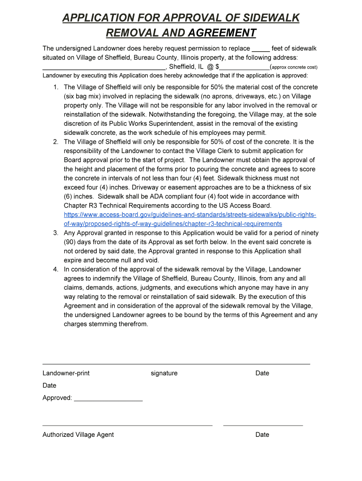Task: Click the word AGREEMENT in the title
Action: pos(220,33)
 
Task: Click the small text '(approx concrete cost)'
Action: pos(294,67)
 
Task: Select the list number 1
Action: pos(55,87)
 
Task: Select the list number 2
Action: pos(55,142)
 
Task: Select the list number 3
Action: pos(55,233)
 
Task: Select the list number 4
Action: pos(55,270)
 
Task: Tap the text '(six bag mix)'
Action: pos(83,96)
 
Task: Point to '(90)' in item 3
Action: pos(71,242)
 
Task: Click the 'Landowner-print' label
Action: pos(66,373)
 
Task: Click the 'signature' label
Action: pos(164,373)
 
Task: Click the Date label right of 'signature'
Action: pos(262,373)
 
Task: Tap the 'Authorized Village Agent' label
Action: pos(78,435)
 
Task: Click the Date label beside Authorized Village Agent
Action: pos(262,435)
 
